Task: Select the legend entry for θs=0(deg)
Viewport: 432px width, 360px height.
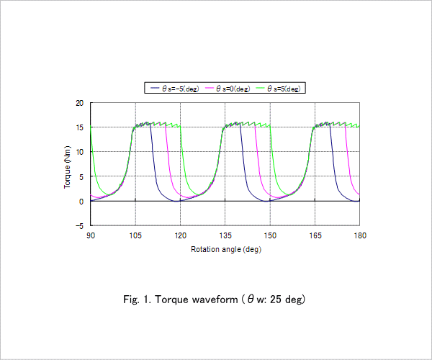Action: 228,89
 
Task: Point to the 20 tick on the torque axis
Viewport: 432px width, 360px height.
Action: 79,103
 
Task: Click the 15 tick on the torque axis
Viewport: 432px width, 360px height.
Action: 79,127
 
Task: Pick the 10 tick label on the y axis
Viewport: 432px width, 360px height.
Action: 79,152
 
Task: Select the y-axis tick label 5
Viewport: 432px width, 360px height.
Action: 81,177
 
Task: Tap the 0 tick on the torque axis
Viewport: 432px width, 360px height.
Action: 81,202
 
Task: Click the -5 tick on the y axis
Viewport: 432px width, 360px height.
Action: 79,226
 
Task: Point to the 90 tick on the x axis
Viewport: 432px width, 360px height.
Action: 91,235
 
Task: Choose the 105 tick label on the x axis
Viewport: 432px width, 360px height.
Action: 135,235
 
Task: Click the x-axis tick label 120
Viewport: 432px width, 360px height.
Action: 181,235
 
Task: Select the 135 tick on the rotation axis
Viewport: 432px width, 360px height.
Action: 225,235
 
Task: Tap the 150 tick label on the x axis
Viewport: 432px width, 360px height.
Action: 270,235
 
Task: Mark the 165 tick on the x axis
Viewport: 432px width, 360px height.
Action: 315,235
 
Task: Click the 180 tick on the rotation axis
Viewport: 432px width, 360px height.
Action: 360,235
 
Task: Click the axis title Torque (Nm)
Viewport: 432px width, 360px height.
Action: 67,167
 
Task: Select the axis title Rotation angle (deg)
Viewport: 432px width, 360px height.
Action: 226,250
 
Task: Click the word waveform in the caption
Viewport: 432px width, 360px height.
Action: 215,299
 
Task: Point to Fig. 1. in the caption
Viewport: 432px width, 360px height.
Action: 138,300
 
